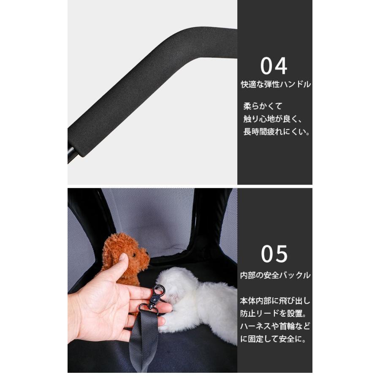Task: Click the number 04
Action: tap(274, 66)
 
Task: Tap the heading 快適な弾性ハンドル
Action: tap(275, 84)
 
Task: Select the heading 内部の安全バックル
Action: tap(275, 275)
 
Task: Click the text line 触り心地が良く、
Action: tap(275, 119)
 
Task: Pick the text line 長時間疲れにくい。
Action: tap(277, 132)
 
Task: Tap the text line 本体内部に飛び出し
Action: tap(275, 301)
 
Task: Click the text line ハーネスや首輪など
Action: tap(275, 326)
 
